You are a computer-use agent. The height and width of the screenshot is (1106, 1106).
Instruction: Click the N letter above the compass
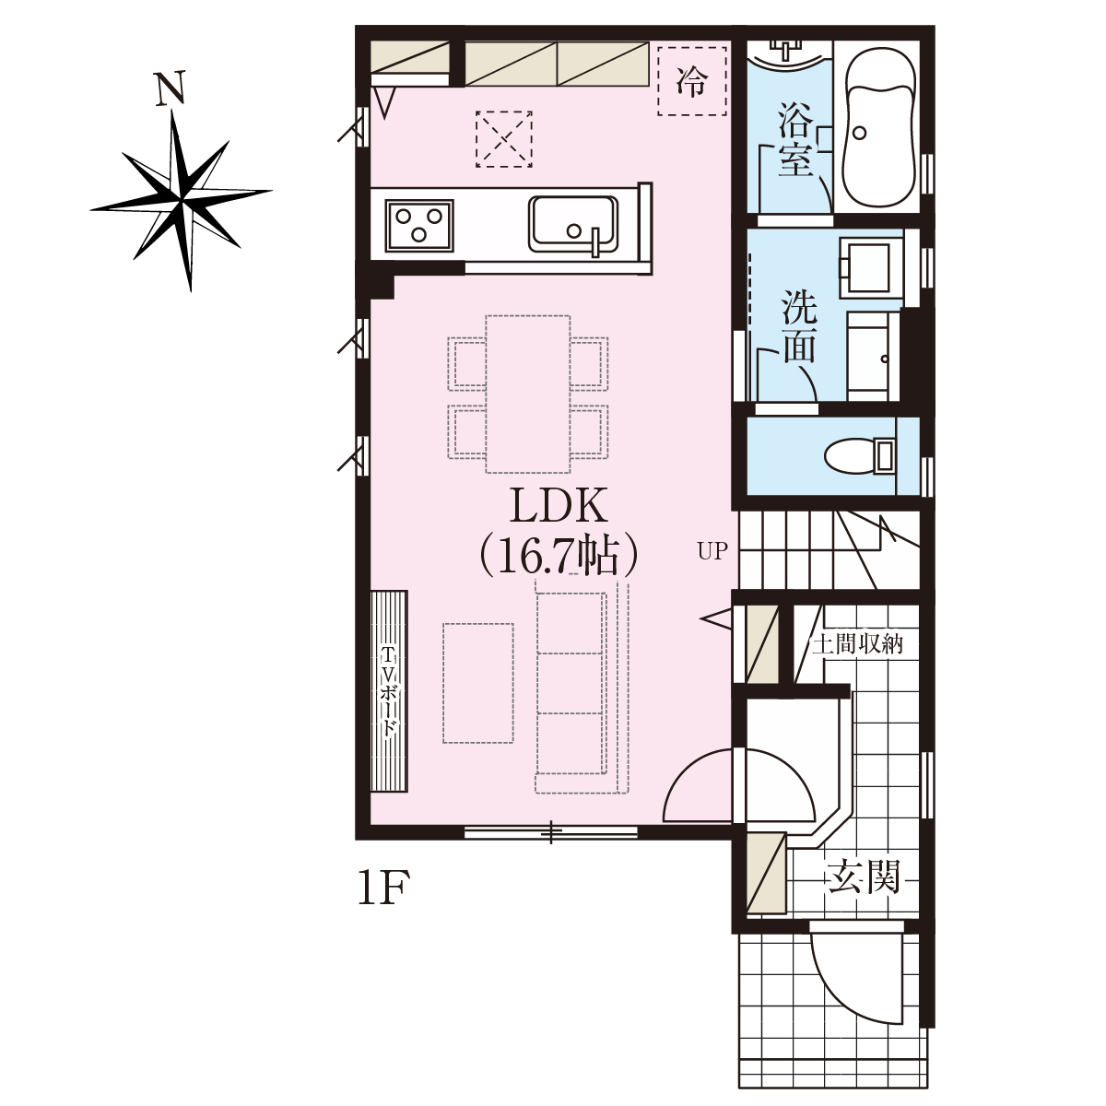pyautogui.click(x=171, y=88)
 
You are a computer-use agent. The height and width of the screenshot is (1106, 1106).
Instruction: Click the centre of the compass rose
pyautogui.click(x=182, y=200)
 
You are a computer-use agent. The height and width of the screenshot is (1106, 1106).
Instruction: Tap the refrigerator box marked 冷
pyautogui.click(x=692, y=81)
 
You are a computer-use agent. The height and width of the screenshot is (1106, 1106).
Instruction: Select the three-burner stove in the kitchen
pyautogui.click(x=419, y=225)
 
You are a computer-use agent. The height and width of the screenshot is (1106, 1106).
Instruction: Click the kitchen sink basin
pyautogui.click(x=573, y=224)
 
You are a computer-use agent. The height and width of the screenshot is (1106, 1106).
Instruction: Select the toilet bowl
pyautogui.click(x=859, y=456)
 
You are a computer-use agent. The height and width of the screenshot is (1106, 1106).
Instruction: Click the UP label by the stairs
pyautogui.click(x=712, y=551)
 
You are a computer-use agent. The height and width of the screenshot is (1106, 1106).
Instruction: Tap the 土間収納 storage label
pyautogui.click(x=857, y=644)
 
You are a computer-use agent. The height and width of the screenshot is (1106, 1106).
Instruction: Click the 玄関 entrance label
pyautogui.click(x=863, y=876)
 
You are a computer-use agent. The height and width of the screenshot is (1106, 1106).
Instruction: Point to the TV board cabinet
pyautogui.click(x=389, y=691)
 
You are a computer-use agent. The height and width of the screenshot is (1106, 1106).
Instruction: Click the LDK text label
pyautogui.click(x=559, y=506)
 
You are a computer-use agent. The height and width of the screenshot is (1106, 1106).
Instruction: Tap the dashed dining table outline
pyautogui.click(x=528, y=394)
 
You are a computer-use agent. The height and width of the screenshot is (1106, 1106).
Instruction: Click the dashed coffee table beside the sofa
pyautogui.click(x=478, y=683)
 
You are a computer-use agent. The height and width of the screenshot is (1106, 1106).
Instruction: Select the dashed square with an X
pyautogui.click(x=504, y=139)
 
